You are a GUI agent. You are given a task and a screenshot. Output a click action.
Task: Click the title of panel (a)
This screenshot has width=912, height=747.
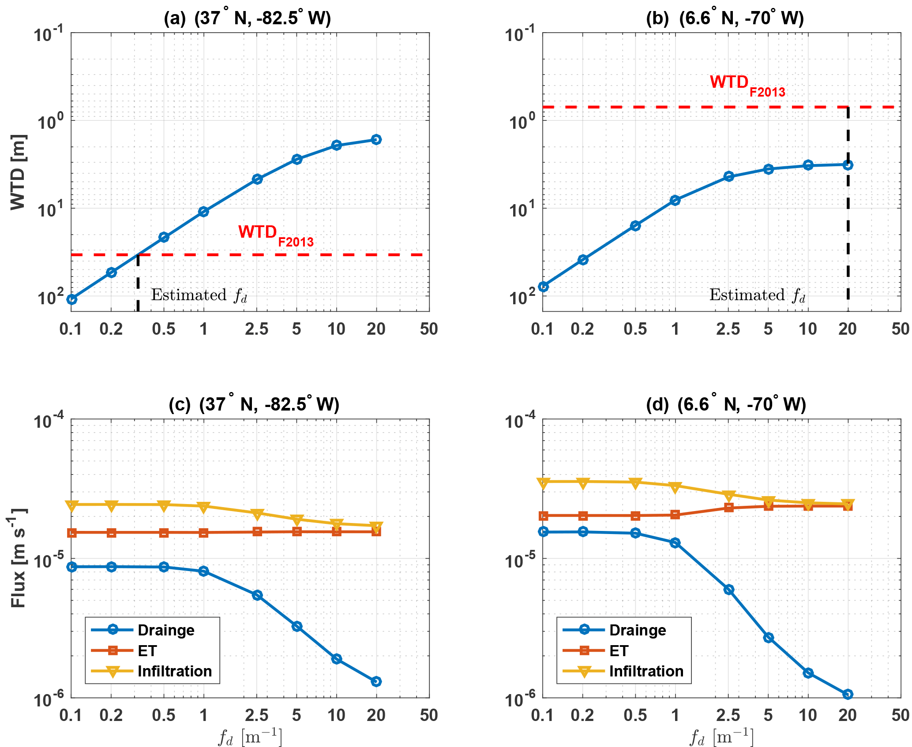pos(247,18)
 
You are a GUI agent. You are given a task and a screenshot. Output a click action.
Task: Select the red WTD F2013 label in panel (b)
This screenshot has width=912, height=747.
pos(747,85)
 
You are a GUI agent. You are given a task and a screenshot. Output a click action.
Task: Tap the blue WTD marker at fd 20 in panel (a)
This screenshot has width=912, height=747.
pos(376,140)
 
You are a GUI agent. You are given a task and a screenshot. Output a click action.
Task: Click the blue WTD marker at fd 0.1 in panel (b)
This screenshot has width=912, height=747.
pos(544,287)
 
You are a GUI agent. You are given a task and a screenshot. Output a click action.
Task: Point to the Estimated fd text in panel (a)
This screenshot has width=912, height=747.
pos(199,295)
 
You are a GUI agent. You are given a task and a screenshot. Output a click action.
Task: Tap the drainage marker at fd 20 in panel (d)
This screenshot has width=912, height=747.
pos(848,694)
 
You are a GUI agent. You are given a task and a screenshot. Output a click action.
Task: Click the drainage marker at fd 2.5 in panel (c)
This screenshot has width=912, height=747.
pos(257,595)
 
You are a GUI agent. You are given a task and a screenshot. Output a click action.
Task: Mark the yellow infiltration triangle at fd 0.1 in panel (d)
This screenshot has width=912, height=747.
pos(544,483)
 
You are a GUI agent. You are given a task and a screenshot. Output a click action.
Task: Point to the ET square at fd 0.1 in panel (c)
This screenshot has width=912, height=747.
pos(72,533)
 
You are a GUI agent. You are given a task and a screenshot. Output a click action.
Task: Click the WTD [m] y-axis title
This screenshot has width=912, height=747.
pos(19,172)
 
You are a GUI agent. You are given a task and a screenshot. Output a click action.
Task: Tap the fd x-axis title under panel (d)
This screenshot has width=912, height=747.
pos(721,736)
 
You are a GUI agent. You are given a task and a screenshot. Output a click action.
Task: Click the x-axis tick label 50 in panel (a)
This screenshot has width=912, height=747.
pos(429,329)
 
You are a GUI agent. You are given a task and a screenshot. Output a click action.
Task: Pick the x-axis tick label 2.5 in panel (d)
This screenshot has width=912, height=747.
pos(728,715)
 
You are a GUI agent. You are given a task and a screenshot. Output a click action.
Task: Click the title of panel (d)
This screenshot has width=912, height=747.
pos(726,404)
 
